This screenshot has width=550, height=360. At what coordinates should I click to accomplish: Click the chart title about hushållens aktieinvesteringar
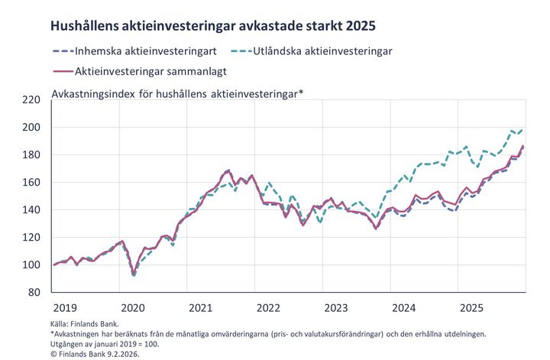[212, 25]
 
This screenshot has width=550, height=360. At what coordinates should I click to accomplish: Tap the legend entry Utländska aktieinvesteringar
[328, 51]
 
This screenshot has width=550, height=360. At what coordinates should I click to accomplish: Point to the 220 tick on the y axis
[31, 100]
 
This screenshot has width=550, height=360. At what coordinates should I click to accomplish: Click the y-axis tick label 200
[31, 128]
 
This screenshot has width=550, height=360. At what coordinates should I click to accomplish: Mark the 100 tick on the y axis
[31, 265]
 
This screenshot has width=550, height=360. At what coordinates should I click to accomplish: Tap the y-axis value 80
[34, 293]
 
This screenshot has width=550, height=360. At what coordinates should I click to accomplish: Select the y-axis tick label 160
[31, 183]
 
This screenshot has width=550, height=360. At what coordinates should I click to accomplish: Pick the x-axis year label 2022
[268, 308]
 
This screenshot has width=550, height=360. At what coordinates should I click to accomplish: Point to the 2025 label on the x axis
[471, 308]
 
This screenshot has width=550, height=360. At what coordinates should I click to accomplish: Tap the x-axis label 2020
[134, 308]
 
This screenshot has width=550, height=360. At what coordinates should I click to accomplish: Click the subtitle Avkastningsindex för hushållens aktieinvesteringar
[177, 93]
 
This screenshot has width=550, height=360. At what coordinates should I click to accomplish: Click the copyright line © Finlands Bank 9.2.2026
[95, 354]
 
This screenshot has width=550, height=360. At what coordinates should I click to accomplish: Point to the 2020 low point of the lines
[134, 274]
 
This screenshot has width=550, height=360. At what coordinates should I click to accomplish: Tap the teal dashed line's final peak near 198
[513, 131]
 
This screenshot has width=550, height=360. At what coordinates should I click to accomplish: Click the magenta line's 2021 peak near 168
[228, 170]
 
